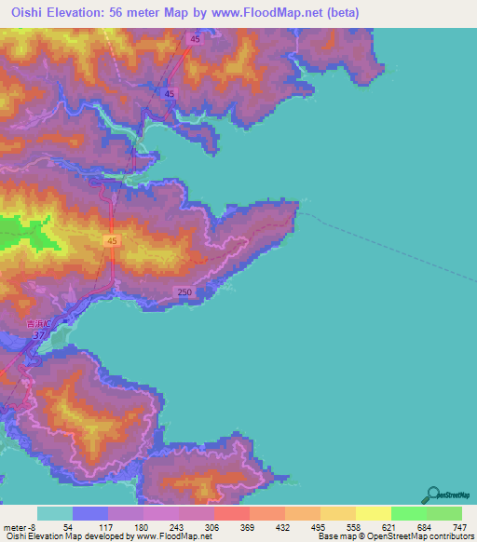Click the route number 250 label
point(185,292)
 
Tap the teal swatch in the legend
point(55,513)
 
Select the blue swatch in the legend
point(90,513)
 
